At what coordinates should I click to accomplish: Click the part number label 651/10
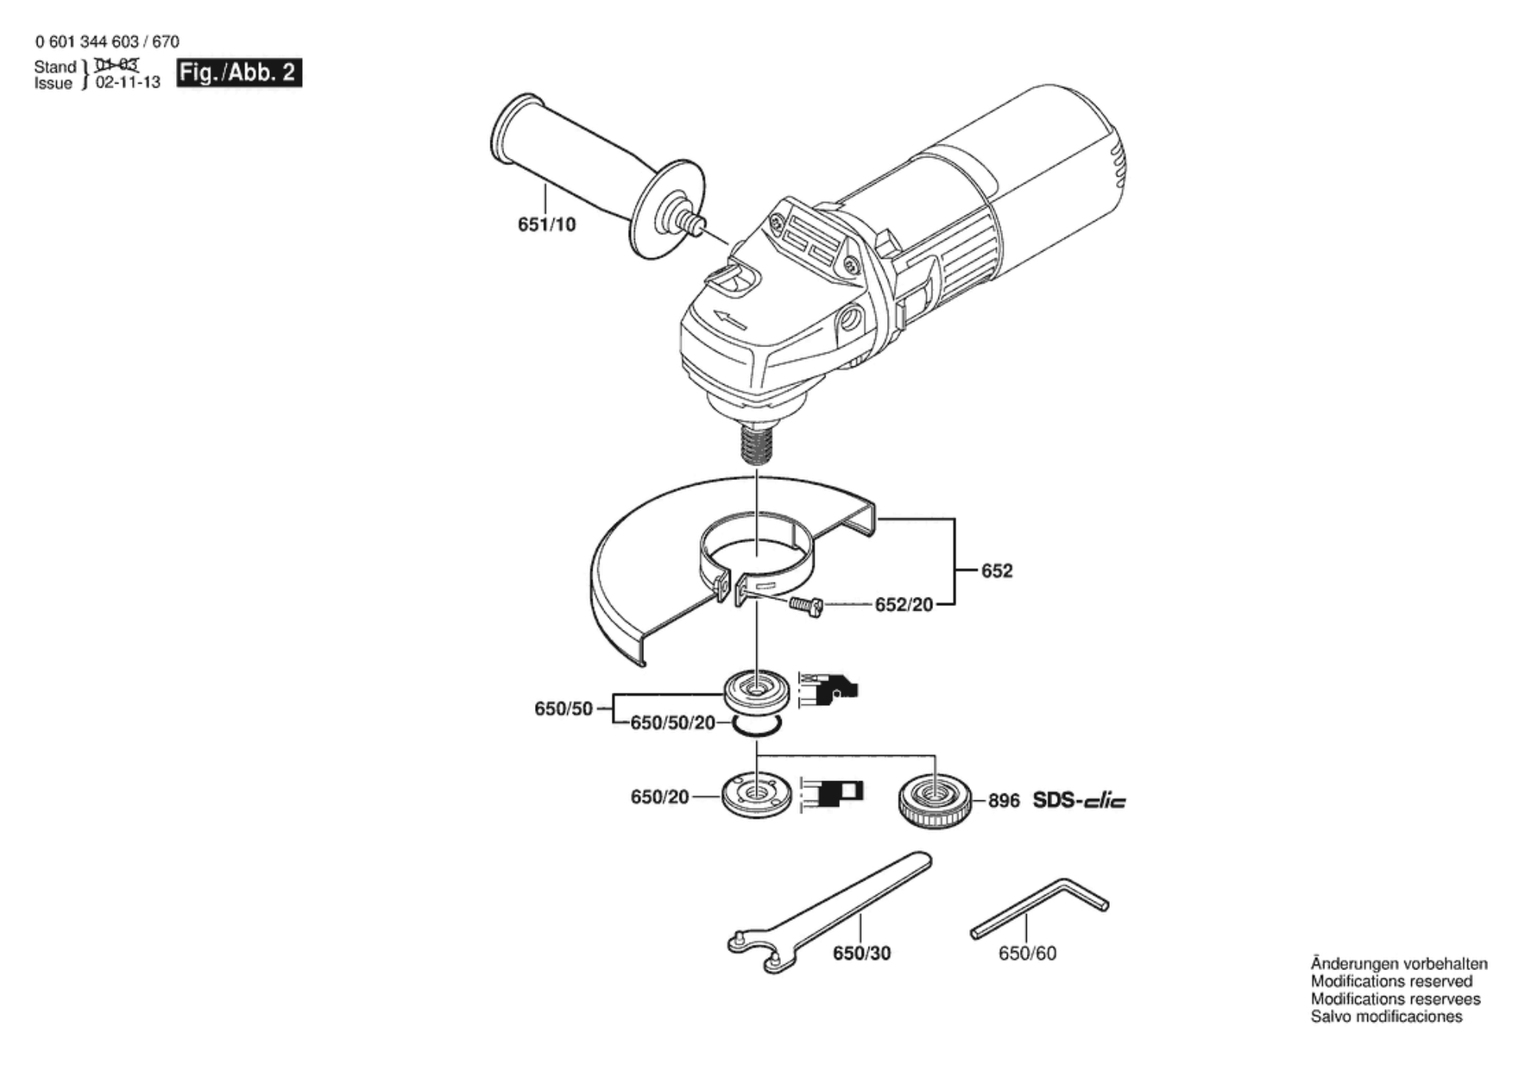(x=546, y=224)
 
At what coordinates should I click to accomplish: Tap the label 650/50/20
(x=673, y=723)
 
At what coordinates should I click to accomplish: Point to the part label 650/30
(x=862, y=953)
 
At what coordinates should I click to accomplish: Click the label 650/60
(x=1027, y=953)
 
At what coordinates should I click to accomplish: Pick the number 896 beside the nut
(x=1003, y=801)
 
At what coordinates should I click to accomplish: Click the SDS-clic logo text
(x=1078, y=801)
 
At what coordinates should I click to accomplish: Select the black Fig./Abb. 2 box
(x=239, y=73)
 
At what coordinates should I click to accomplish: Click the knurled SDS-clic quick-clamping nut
(x=935, y=801)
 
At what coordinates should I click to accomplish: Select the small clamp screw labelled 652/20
(x=806, y=606)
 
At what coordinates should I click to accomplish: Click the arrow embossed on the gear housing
(x=730, y=319)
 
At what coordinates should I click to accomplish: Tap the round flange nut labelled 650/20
(x=757, y=796)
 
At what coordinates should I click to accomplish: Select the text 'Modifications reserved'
(x=1391, y=982)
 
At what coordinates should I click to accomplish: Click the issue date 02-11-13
(x=128, y=83)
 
